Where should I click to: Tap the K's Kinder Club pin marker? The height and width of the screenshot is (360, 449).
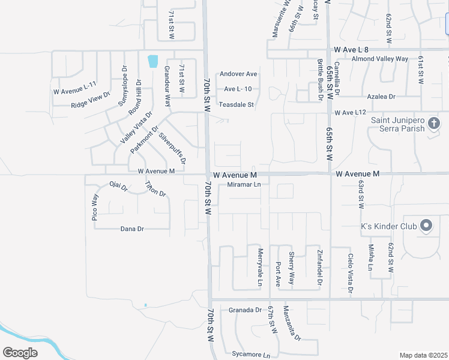click(427, 226)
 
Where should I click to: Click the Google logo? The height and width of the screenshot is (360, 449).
click(20, 353)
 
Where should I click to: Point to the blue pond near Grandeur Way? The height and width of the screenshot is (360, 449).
click(152, 61)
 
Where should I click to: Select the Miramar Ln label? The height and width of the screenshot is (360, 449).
click(244, 185)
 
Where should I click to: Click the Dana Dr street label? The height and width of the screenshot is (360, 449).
click(133, 229)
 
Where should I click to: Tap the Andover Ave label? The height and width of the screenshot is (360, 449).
click(238, 74)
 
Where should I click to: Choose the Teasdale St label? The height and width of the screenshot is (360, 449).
click(237, 104)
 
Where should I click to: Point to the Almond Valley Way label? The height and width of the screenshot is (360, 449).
click(380, 59)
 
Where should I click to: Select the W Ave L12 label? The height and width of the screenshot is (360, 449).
click(351, 112)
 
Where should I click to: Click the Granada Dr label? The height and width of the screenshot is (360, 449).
click(246, 310)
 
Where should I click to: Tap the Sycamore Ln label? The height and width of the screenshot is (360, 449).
click(243, 354)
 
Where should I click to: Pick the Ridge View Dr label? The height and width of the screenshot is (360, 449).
click(91, 100)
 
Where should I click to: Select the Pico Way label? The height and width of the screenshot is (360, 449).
click(95, 208)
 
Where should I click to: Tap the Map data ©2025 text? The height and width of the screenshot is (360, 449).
click(423, 355)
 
